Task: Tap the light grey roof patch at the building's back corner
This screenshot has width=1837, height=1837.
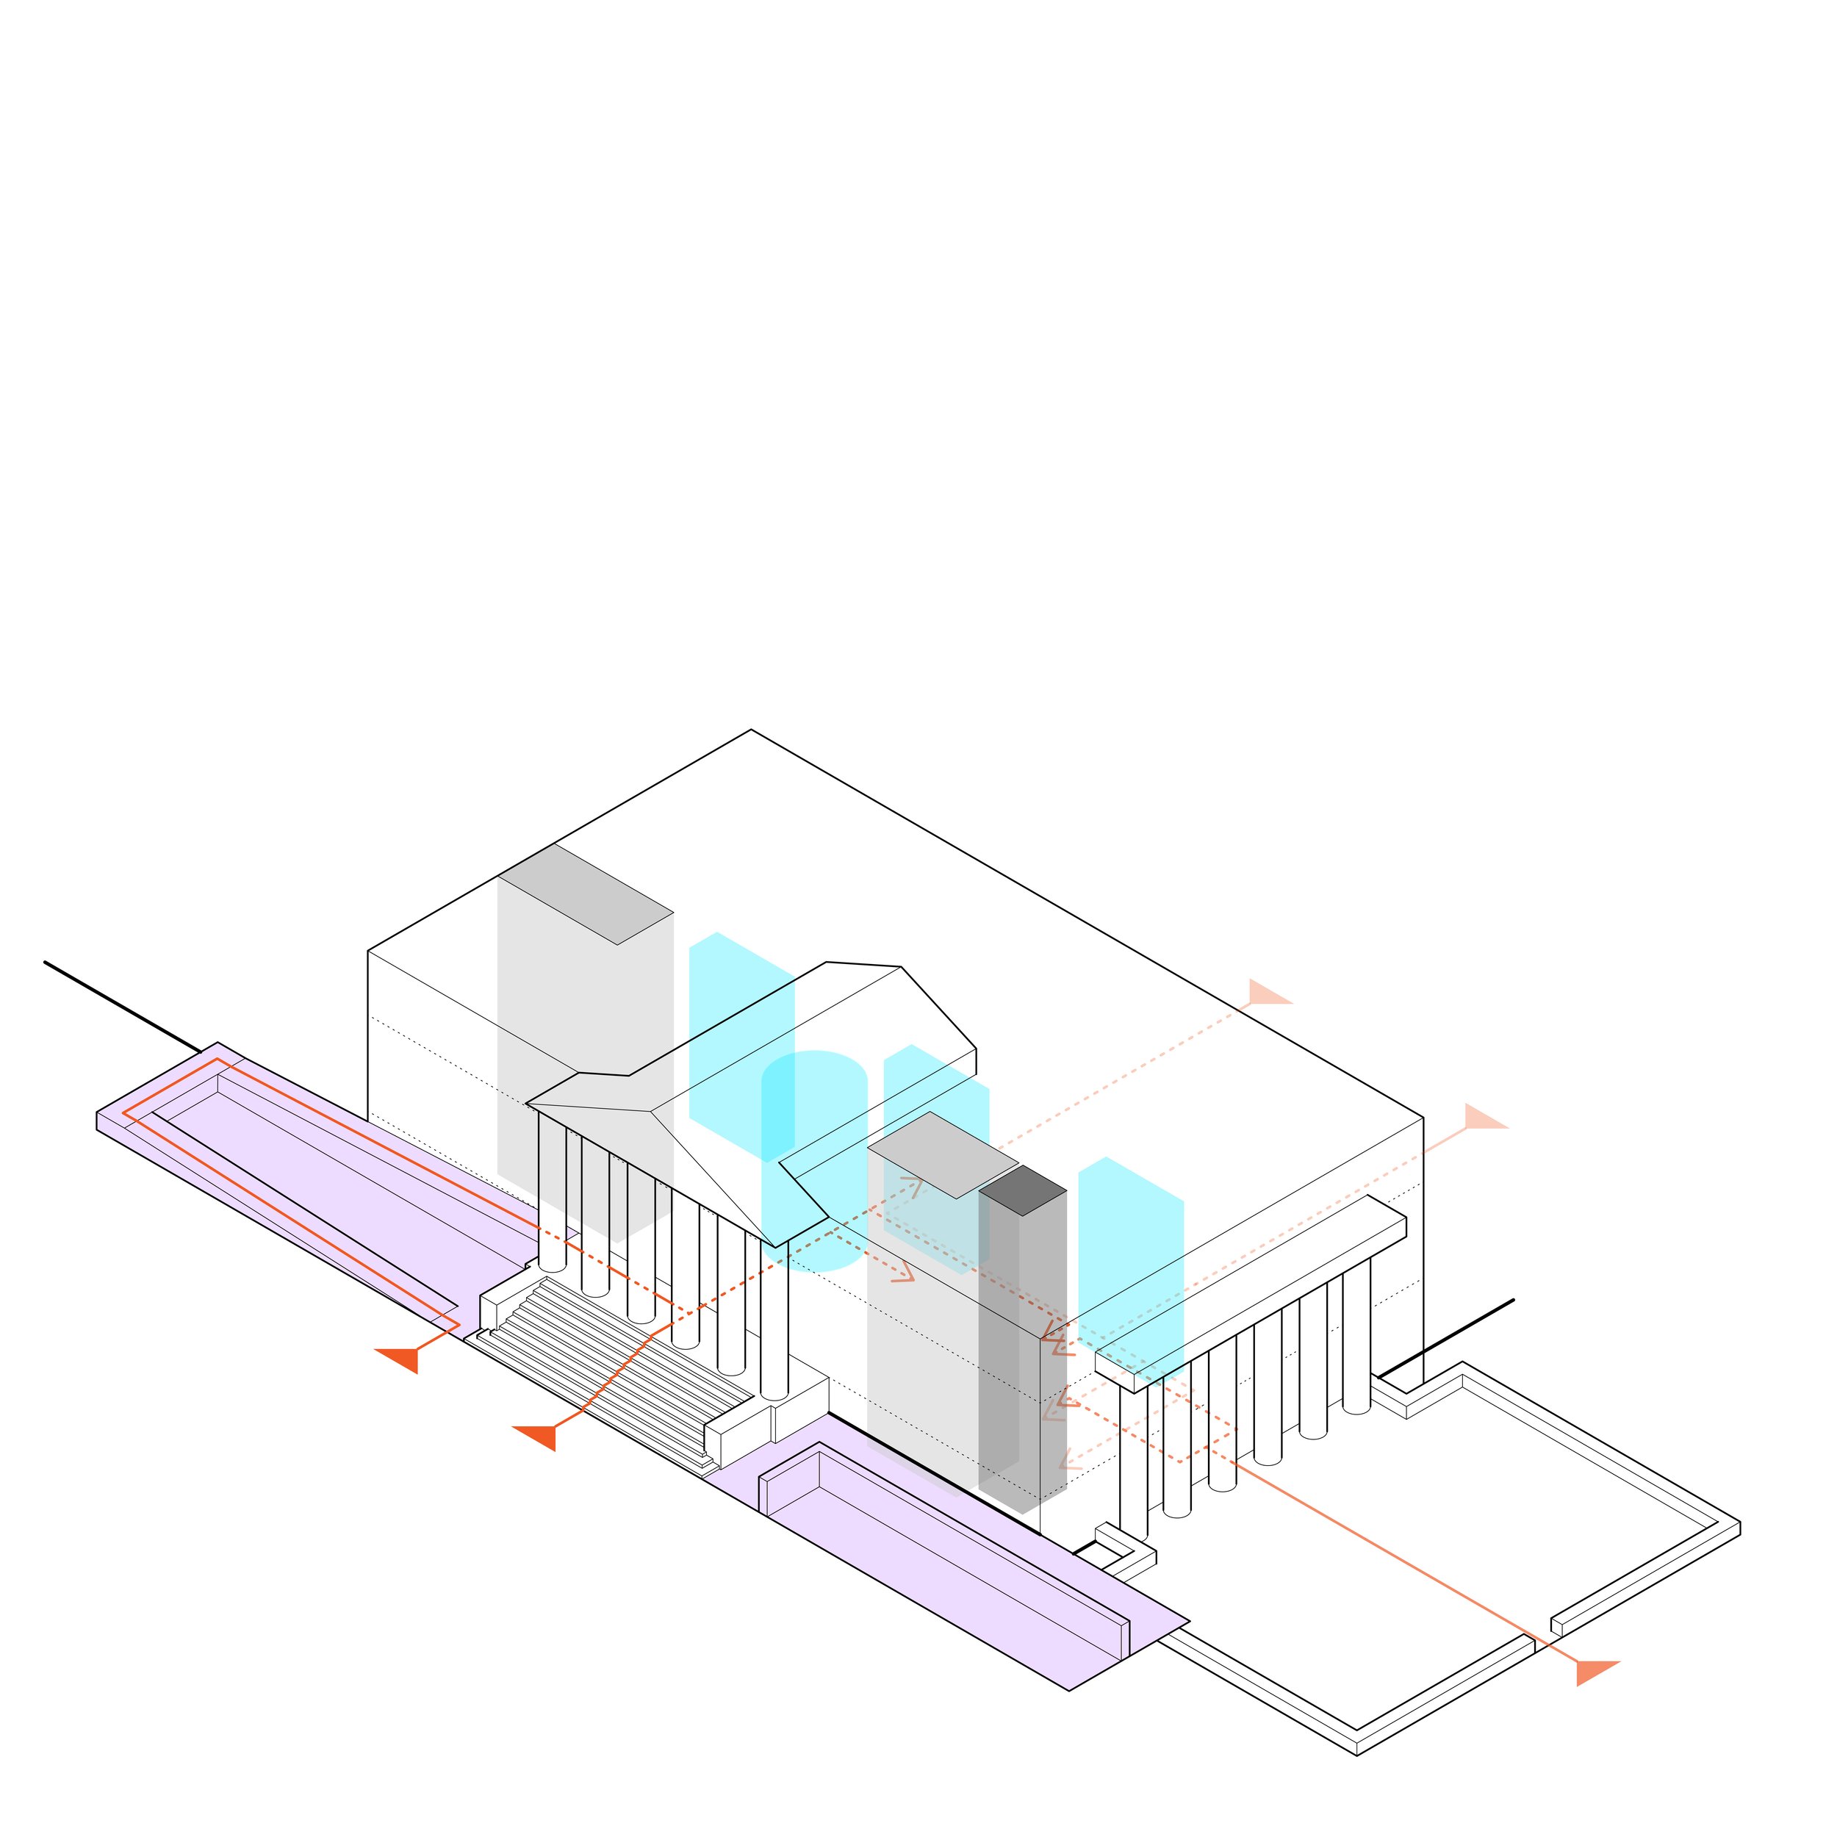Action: click(586, 894)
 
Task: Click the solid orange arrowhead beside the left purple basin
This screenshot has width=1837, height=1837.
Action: click(399, 1358)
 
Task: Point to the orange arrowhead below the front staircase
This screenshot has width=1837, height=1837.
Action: click(537, 1436)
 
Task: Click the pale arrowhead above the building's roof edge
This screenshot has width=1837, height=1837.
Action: click(1268, 993)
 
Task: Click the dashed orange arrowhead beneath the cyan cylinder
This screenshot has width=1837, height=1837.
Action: click(902, 1273)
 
